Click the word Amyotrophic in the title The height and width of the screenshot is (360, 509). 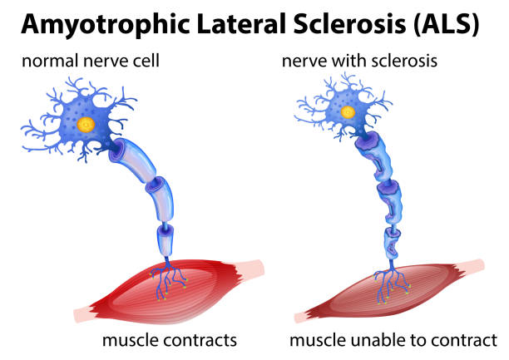coord(105,24)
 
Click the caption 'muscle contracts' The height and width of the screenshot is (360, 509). coord(169,340)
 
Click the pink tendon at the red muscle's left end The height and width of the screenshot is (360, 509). coord(86,313)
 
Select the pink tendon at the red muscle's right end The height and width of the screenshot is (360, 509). coord(254,268)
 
